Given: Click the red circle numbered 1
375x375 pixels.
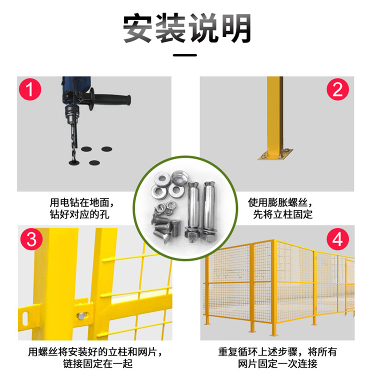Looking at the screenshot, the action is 30,89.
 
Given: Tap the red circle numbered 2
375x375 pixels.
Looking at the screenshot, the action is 337,89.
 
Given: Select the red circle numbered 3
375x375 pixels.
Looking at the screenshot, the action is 31,239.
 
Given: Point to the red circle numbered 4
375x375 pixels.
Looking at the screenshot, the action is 337,239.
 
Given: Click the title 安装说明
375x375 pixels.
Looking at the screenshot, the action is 187,28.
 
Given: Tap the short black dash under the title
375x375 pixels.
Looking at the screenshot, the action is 185,55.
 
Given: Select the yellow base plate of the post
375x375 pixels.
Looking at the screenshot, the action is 275,154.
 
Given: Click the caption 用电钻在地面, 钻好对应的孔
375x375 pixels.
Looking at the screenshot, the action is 81,208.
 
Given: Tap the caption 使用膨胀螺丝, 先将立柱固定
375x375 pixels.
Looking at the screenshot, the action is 280,208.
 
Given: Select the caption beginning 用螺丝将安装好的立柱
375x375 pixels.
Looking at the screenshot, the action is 95,358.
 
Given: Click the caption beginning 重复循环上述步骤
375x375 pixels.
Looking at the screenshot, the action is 277,358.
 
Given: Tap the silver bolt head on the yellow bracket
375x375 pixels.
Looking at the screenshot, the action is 82,315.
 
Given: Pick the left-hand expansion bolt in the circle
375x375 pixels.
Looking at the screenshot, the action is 192,212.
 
